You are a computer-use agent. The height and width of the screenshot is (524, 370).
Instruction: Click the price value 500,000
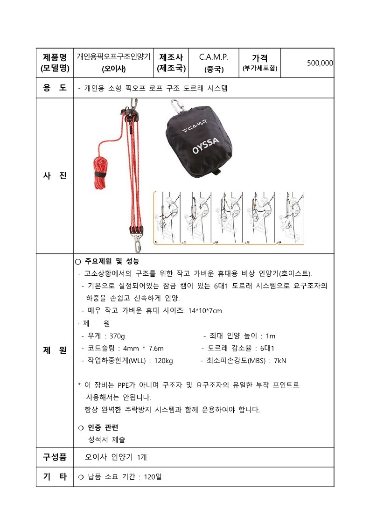[x=320, y=63]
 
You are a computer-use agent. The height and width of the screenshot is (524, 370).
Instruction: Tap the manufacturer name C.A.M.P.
[x=214, y=57]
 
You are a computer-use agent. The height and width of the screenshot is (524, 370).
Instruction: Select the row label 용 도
[x=55, y=88]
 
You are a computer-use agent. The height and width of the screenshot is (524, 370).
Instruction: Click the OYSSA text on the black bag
[x=205, y=146]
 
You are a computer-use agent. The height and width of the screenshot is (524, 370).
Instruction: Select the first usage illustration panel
[x=168, y=217]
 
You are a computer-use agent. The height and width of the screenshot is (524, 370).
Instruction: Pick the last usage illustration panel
[x=291, y=217]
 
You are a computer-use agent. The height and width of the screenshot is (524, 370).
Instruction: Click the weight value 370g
[x=117, y=336]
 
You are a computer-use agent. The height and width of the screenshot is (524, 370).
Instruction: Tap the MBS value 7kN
[x=280, y=361]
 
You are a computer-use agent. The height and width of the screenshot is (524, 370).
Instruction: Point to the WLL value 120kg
[x=163, y=361]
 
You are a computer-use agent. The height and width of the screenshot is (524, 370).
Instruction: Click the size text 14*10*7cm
[x=205, y=311]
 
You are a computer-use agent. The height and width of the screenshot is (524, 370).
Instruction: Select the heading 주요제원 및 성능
[x=112, y=261]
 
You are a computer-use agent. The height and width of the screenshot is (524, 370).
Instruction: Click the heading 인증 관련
[x=103, y=428]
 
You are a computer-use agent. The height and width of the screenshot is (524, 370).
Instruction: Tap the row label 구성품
[x=55, y=457]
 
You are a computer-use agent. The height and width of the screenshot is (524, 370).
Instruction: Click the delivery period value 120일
[x=153, y=477]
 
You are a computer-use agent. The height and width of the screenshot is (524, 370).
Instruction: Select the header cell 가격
[x=260, y=58]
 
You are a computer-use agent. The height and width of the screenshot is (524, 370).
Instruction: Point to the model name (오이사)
[x=114, y=69]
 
